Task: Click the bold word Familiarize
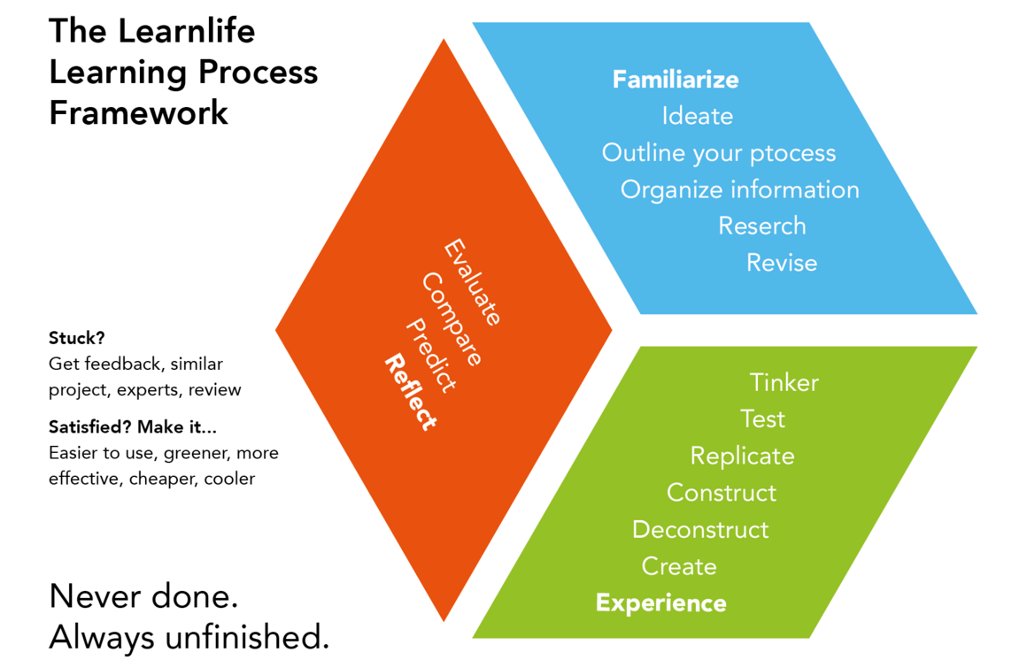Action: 676,80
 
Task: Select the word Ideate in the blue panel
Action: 698,116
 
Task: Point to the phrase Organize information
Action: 739,189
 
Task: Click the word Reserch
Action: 762,226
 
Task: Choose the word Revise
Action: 782,263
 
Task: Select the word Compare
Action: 452,319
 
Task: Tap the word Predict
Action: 431,355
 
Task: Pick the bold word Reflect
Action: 410,392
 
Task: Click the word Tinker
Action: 784,382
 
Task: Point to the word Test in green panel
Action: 763,418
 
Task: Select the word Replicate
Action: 743,456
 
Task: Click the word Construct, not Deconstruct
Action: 722,493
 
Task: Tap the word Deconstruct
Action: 700,530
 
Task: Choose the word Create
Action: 679,566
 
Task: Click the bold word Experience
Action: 660,603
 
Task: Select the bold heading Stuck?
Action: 76,338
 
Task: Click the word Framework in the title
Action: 139,113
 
